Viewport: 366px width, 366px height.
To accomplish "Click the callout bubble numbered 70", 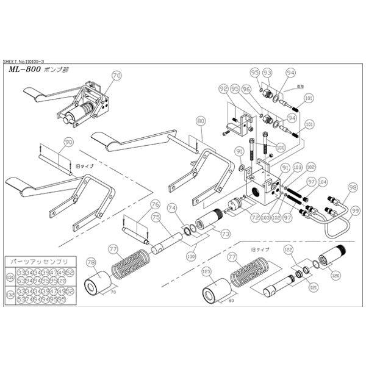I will (x=117, y=76).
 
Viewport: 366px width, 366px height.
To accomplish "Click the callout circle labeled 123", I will (x=206, y=271).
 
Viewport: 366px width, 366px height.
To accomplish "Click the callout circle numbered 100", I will (x=280, y=147).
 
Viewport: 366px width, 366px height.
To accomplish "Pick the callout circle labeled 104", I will (x=322, y=182).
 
